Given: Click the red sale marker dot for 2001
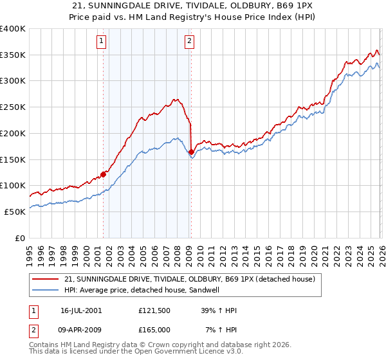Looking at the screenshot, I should tap(103, 174).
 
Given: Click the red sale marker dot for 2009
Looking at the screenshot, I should tap(191, 152).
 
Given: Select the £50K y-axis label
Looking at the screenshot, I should tap(15, 212).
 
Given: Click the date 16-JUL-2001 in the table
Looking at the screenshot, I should tap(81, 310).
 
